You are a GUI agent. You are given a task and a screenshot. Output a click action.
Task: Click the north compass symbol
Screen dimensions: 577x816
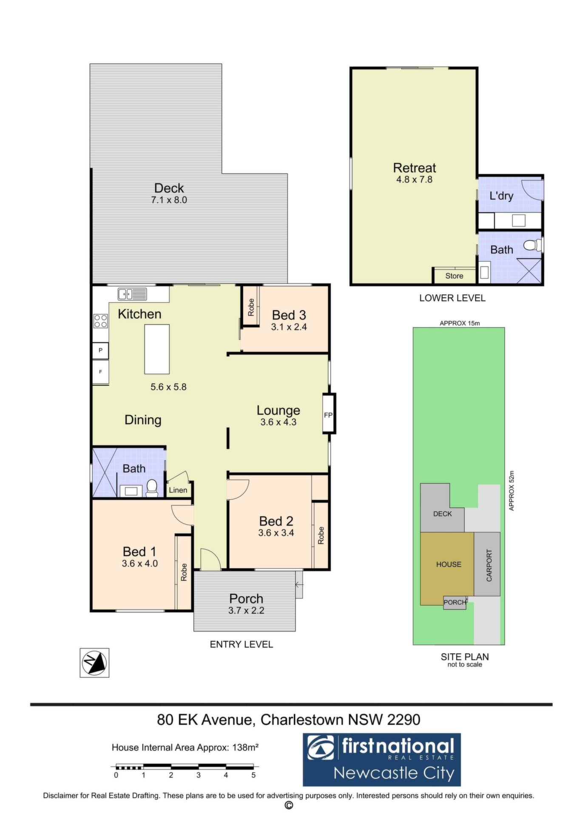[94, 663]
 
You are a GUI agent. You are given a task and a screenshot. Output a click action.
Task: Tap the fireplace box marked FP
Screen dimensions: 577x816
[329, 414]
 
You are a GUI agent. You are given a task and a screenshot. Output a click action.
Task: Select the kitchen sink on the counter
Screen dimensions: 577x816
[132, 294]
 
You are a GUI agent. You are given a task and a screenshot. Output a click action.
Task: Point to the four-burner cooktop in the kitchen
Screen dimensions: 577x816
[101, 321]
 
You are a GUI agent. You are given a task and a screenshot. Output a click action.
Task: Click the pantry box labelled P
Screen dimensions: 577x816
[101, 351]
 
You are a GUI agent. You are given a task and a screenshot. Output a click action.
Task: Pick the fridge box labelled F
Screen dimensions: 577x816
[101, 372]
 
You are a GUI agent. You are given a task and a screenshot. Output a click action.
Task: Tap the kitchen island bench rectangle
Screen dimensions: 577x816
[157, 349]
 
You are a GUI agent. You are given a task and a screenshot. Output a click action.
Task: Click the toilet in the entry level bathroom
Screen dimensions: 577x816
[151, 489]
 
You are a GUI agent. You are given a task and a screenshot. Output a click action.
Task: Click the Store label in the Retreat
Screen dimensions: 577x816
[454, 276]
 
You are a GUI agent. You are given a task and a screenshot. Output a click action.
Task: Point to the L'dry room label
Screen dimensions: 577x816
[501, 196]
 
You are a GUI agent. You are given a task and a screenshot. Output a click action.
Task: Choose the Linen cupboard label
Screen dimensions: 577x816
[178, 490]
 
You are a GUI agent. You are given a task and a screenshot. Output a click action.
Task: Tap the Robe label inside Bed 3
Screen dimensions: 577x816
[251, 307]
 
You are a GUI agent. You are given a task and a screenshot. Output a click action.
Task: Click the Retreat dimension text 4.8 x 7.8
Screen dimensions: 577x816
[414, 179]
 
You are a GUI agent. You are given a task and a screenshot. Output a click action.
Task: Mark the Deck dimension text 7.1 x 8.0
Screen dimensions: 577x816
[169, 200]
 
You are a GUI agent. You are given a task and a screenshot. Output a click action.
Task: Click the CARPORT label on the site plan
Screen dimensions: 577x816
[489, 565]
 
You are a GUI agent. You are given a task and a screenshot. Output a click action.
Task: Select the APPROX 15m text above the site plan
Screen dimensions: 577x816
[460, 323]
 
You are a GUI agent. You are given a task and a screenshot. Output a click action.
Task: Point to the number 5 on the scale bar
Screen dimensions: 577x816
[253, 775]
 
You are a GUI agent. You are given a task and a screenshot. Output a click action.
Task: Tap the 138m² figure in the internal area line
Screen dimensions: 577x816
[246, 747]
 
